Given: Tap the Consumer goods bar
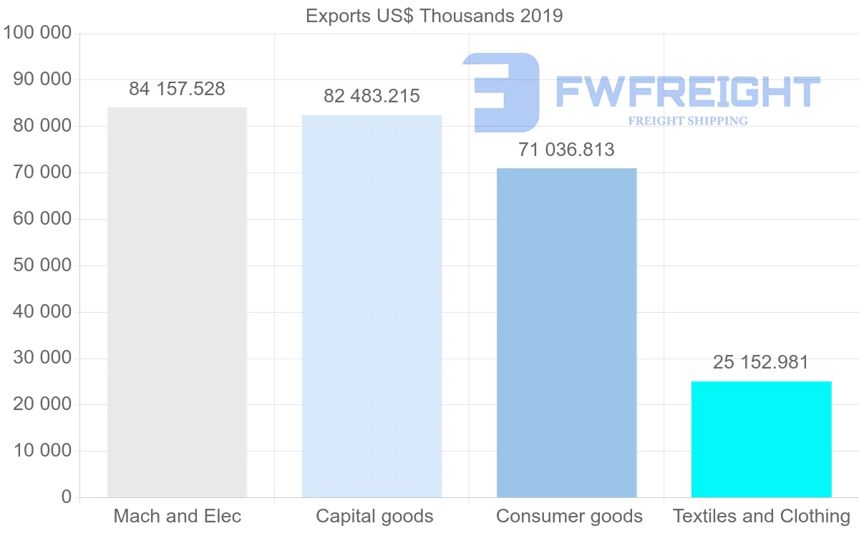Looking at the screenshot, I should point(566,333).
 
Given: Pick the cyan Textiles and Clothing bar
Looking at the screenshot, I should point(761,439).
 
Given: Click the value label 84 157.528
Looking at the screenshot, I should point(177,89).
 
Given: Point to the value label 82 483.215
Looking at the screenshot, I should point(372,97).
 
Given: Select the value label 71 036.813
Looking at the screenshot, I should point(566,150).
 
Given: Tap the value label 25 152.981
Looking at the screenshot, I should point(761,363).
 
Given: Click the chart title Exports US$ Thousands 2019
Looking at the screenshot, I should point(434,16).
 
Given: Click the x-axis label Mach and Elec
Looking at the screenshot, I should point(177,516).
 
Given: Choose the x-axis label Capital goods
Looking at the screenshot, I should point(374,516).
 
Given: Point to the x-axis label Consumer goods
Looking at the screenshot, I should point(569,516).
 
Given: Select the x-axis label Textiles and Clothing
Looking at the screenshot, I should point(761,516).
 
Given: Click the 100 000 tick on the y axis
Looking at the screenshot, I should point(37,33).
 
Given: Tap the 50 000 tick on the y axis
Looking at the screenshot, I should point(42,265).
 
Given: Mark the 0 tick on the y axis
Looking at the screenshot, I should point(67,497).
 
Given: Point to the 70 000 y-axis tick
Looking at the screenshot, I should point(42,172).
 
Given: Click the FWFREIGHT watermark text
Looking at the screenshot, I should point(687,92).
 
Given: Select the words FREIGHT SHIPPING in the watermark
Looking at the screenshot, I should point(687,121).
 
